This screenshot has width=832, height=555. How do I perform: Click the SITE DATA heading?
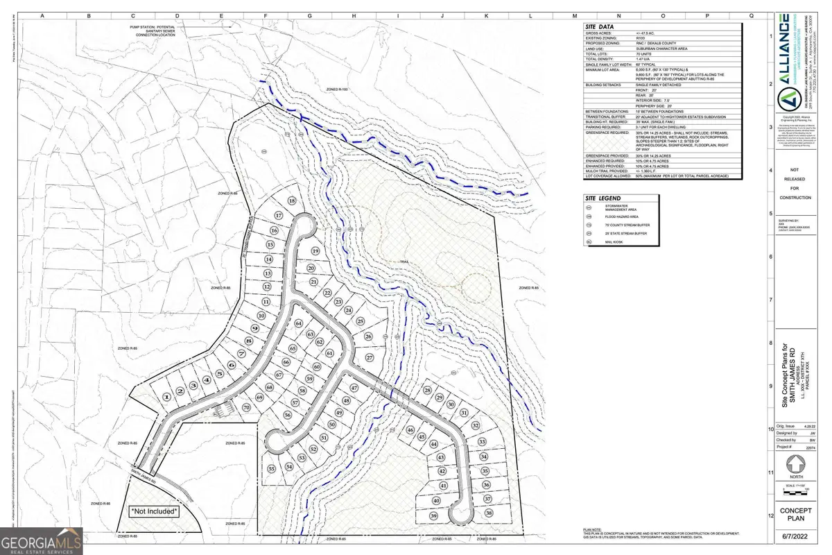click(x=600, y=26)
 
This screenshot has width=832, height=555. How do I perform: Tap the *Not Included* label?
click(x=155, y=511)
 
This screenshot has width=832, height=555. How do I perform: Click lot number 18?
click(x=292, y=200)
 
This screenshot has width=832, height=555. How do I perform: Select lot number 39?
click(x=434, y=516)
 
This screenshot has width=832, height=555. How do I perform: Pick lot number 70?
click(x=245, y=407)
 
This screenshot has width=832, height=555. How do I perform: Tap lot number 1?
click(x=166, y=395)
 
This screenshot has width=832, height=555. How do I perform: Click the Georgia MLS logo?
click(x=42, y=541)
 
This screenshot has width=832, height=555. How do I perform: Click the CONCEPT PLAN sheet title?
click(x=795, y=515)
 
